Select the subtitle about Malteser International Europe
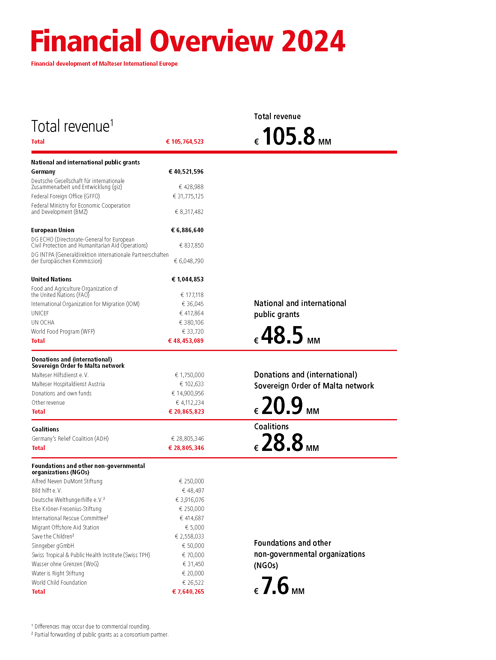pyautogui.click(x=104, y=64)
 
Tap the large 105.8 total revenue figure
pyautogui.click(x=288, y=136)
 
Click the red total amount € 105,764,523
pyautogui.click(x=185, y=142)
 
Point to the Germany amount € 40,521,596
pyautogui.click(x=186, y=172)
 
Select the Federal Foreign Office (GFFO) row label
pyautogui.click(x=65, y=196)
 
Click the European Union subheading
pyautogui.click(x=53, y=230)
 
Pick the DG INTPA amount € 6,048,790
pyautogui.click(x=189, y=261)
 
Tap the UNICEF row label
pyautogui.click(x=40, y=313)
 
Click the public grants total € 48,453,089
pyautogui.click(x=186, y=341)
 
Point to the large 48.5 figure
pyautogui.click(x=282, y=335)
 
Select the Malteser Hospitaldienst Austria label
pyautogui.click(x=68, y=384)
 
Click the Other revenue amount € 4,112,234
pyautogui.click(x=190, y=403)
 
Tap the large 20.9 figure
pyautogui.click(x=282, y=406)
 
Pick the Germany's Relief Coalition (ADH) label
pyautogui.click(x=70, y=439)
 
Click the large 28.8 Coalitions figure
pyautogui.click(x=282, y=442)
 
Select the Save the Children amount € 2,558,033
pyautogui.click(x=190, y=536)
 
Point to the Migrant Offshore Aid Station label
pyautogui.click(x=65, y=527)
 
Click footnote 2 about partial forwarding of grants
pyautogui.click(x=100, y=634)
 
